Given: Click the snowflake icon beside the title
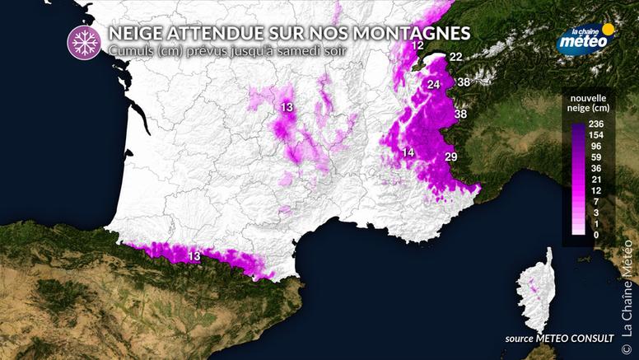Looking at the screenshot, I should coord(82,41).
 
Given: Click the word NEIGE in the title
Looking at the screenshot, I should coord(135,33).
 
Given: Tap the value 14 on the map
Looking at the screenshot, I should coord(408,152).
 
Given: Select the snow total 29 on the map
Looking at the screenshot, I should coord(450,157).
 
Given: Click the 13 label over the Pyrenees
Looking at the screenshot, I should coord(194,257).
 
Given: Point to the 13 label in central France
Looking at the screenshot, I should coord(287,108).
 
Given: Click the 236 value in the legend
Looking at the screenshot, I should coord(597,124).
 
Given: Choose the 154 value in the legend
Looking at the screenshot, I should coord(597,134).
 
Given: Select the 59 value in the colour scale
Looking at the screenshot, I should coord(597,157).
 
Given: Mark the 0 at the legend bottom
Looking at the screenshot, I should coord(597,235).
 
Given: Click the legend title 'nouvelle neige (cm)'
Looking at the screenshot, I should coord(588,102).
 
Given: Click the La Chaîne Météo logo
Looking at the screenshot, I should coord(585,38).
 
